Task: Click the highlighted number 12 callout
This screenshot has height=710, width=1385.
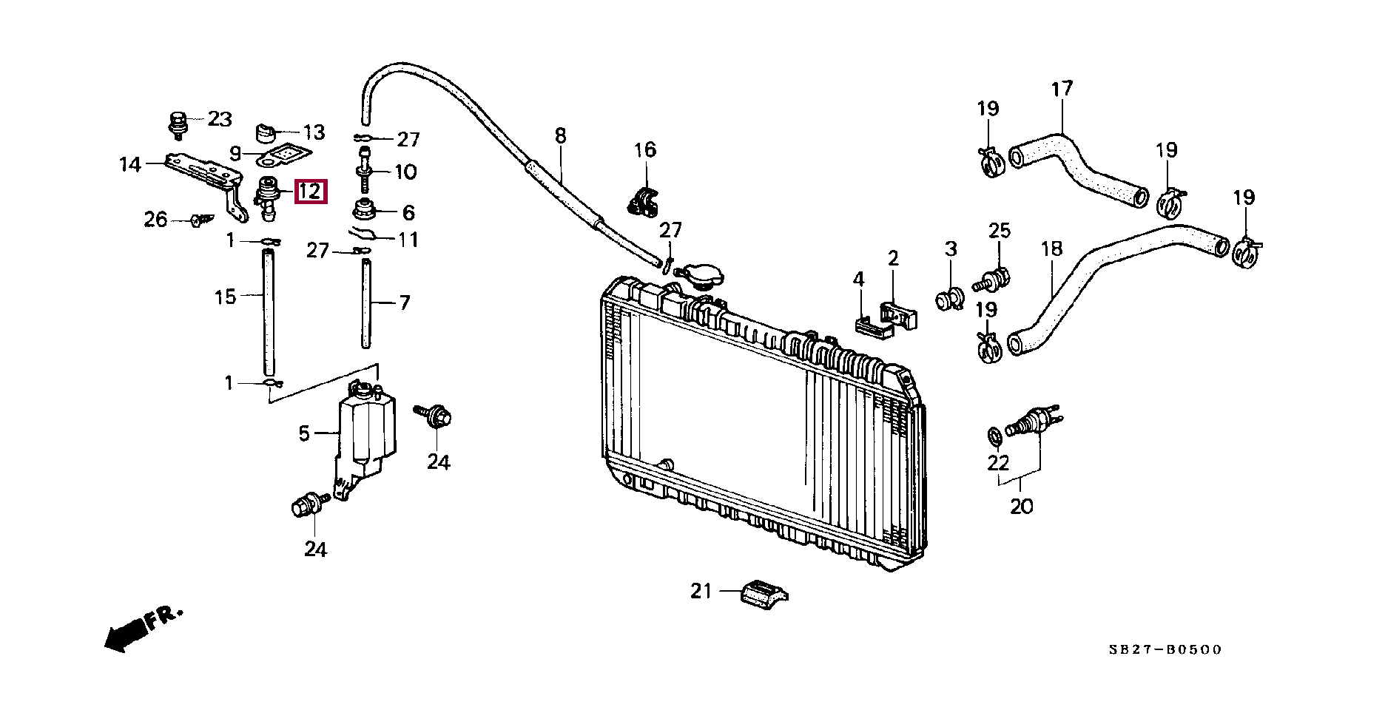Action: coord(309,192)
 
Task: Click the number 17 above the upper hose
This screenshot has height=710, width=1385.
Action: coord(1062,89)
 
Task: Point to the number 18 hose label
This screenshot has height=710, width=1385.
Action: coord(1051,248)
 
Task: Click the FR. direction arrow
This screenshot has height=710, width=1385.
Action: coord(143,629)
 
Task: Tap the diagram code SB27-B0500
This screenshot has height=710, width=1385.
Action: coord(1165,649)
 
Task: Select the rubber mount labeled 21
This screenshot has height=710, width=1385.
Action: coord(764,594)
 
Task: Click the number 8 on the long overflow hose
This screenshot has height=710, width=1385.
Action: coord(560,135)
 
